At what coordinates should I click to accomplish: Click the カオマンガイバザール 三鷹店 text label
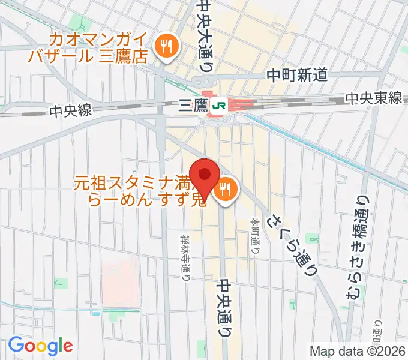coord(99,49)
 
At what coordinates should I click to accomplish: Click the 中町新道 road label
coord(297,75)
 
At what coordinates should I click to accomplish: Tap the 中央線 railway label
coord(71,110)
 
